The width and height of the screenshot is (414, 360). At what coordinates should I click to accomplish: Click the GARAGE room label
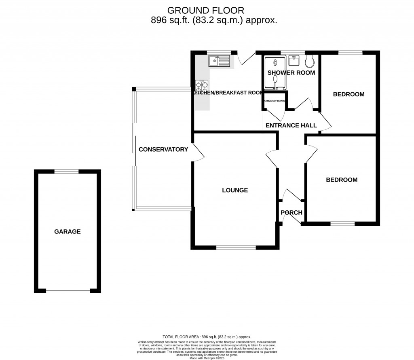(68, 232)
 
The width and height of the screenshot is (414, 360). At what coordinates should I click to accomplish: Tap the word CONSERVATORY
(163, 149)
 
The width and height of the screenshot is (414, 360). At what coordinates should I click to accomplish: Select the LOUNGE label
(235, 190)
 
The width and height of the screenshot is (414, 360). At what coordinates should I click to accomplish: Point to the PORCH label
(291, 213)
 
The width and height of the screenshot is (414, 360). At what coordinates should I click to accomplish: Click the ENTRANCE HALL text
(291, 125)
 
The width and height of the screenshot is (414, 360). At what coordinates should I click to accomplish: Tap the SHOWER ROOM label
(291, 73)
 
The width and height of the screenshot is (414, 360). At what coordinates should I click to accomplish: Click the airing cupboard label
(275, 101)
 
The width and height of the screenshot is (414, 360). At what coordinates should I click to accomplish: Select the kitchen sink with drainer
(219, 61)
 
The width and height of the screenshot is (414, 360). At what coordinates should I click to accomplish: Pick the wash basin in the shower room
(294, 61)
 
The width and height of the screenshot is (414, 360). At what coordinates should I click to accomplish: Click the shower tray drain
(276, 63)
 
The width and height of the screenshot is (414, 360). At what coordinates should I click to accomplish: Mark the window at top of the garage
(67, 172)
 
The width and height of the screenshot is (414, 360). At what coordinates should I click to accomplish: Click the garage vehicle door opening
(68, 290)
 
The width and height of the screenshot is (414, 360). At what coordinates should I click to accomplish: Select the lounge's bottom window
(236, 247)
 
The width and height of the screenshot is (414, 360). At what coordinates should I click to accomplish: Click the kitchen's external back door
(245, 59)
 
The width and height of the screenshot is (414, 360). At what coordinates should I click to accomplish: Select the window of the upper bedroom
(350, 52)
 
